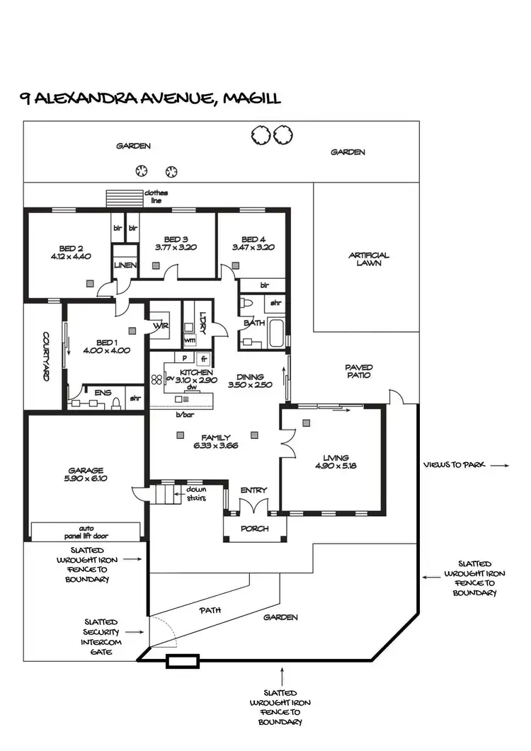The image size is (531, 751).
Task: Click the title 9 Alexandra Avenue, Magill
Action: coord(150,98)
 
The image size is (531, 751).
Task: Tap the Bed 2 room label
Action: coord(71,248)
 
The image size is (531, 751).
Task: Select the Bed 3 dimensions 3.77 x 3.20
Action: coord(176,248)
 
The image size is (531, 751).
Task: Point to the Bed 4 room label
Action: coord(253,239)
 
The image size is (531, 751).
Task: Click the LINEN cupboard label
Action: coord(125,265)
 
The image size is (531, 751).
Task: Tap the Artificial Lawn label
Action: coord(369,259)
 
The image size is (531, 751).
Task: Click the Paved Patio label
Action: coord(359,372)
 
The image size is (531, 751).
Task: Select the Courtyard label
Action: coord(45,357)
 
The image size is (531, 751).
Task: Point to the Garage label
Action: coord(86,470)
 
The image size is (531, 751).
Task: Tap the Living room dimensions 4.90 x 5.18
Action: coord(336,466)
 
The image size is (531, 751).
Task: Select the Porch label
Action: coord(254,528)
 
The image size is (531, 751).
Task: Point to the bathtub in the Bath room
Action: coord(275,332)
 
